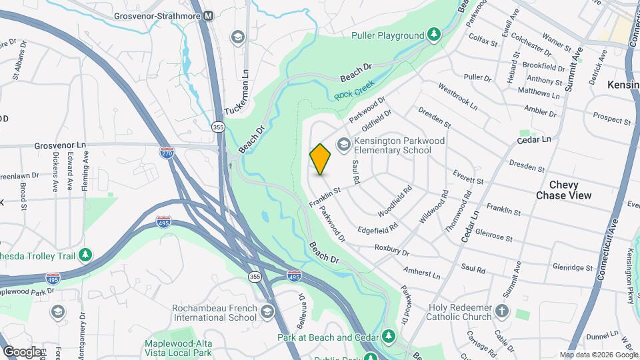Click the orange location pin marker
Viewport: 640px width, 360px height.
(320, 159)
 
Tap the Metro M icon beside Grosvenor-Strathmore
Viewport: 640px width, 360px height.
(209, 15)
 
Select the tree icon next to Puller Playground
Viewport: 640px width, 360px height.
(434, 34)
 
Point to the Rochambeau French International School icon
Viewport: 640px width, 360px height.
(267, 311)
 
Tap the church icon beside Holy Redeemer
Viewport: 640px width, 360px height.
(502, 311)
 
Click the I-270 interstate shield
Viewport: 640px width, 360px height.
(167, 153)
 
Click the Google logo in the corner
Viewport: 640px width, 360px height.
(22, 351)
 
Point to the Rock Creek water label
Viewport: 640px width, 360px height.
(354, 90)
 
